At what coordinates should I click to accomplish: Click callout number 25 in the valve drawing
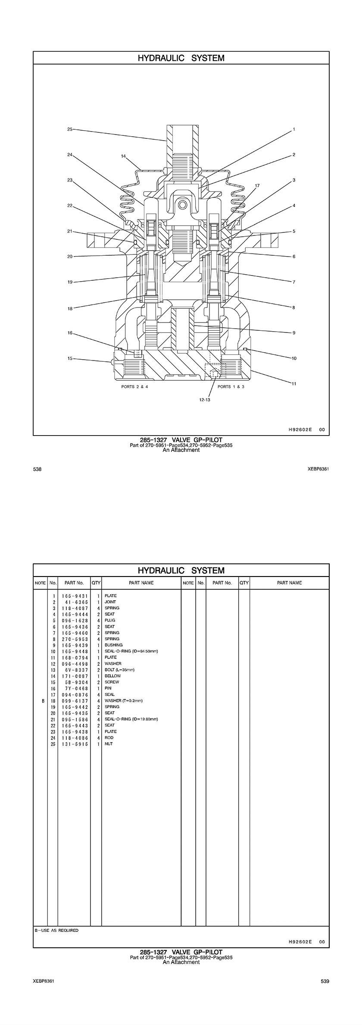pos(70,129)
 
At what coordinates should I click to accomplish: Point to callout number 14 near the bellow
pos(123,156)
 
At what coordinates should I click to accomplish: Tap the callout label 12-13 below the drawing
pos(204,400)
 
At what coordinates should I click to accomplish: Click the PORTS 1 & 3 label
pos(231,386)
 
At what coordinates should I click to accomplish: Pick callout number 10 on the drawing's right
pos(294,358)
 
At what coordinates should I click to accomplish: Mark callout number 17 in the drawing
pos(257,186)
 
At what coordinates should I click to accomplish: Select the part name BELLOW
pos(112,676)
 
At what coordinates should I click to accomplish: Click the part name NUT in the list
pos(109,744)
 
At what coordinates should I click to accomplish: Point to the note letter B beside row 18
pos(43,701)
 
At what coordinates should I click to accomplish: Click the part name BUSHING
pos(113,645)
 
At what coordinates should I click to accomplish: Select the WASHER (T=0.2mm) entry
pos(124,701)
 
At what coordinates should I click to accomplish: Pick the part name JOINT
pos(110,602)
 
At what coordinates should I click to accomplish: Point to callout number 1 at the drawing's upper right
pos(294,129)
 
